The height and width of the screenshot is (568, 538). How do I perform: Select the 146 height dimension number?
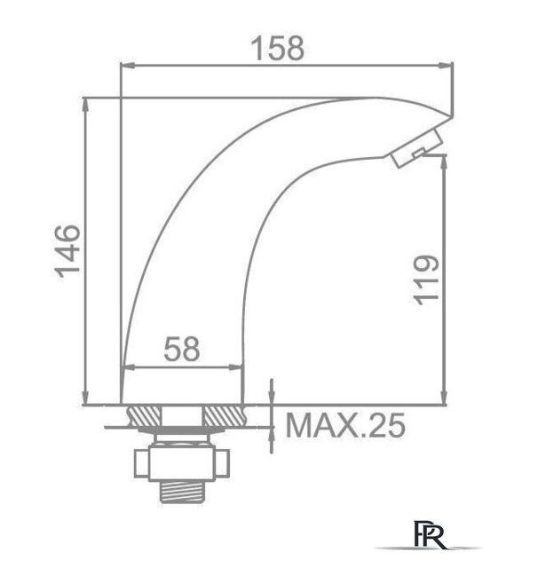tap(68, 250)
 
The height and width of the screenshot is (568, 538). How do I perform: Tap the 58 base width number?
tap(182, 349)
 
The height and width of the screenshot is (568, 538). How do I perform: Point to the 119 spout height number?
tap(426, 279)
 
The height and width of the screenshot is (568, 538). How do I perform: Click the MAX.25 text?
tap(346, 427)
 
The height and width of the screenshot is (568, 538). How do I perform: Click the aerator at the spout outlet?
tap(415, 147)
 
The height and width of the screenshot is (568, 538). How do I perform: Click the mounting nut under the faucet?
tap(181, 461)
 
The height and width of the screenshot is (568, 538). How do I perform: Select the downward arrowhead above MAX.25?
tap(272, 400)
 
